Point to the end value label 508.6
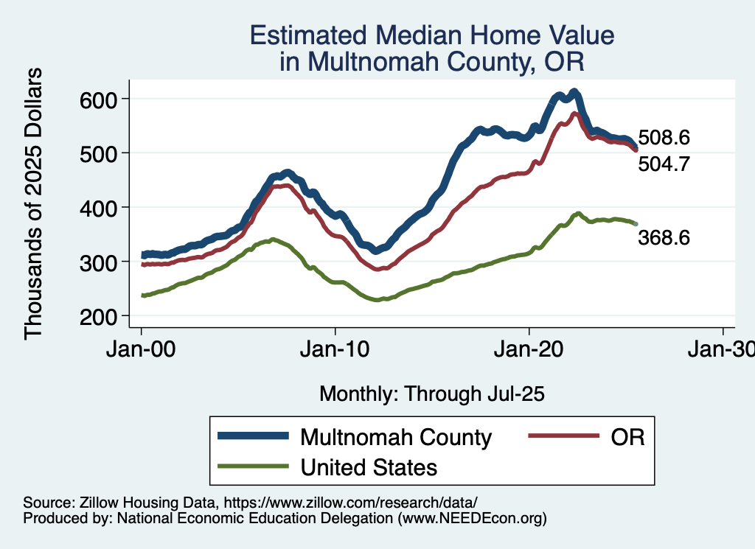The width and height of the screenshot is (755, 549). click(664, 138)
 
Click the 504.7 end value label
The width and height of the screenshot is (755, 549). click(664, 164)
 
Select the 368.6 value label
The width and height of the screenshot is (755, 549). click(664, 237)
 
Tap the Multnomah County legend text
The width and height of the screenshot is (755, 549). click(395, 437)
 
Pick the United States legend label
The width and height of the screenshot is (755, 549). click(369, 466)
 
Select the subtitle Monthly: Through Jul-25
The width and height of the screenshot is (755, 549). click(431, 394)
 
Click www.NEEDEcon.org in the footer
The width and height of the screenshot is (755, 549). click(472, 519)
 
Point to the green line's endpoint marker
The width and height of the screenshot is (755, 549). click(636, 223)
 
